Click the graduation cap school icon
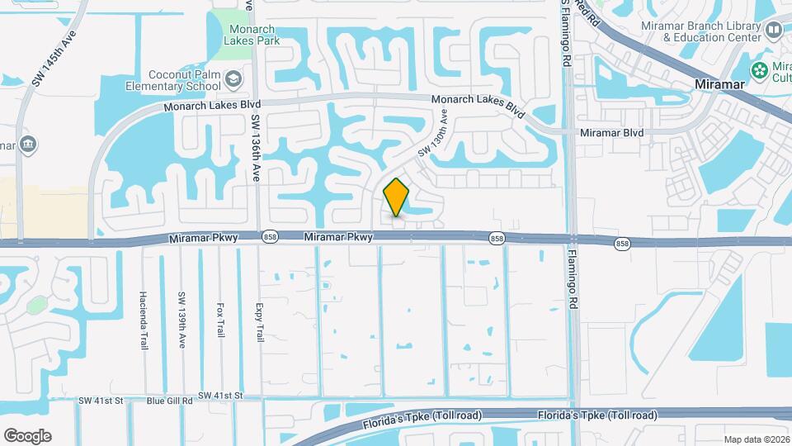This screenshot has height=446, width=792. (234, 78)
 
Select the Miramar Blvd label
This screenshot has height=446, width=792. (611, 132)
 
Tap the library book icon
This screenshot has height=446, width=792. (774, 31)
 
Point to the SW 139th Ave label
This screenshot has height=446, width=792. (181, 315)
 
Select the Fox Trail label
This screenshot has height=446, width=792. (220, 319)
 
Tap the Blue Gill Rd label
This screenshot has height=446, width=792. (169, 401)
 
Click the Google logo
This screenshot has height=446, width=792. (27, 435)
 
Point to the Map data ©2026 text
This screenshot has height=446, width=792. (756, 439)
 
